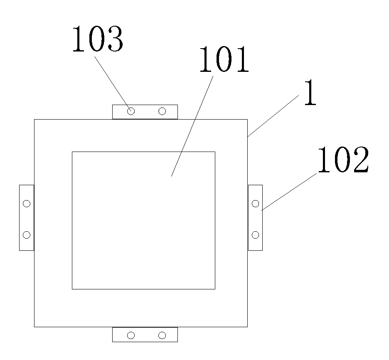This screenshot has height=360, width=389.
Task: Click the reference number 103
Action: pos(97,40)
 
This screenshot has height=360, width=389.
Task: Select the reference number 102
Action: pos(343,161)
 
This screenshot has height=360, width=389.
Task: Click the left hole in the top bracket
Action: pos(131,111)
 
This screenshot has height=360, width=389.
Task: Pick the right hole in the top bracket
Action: pos(162,111)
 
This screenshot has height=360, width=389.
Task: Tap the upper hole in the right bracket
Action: pos(256,203)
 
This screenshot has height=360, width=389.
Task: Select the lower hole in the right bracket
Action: pos(256,235)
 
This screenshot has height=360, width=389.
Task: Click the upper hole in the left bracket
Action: pos(27,203)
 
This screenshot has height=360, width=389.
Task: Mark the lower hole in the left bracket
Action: pos(27,235)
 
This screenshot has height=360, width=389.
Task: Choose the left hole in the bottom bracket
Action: pos(131,335)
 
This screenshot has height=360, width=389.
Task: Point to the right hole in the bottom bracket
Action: pos(162,335)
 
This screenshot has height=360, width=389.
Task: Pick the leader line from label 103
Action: pos(112,81)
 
